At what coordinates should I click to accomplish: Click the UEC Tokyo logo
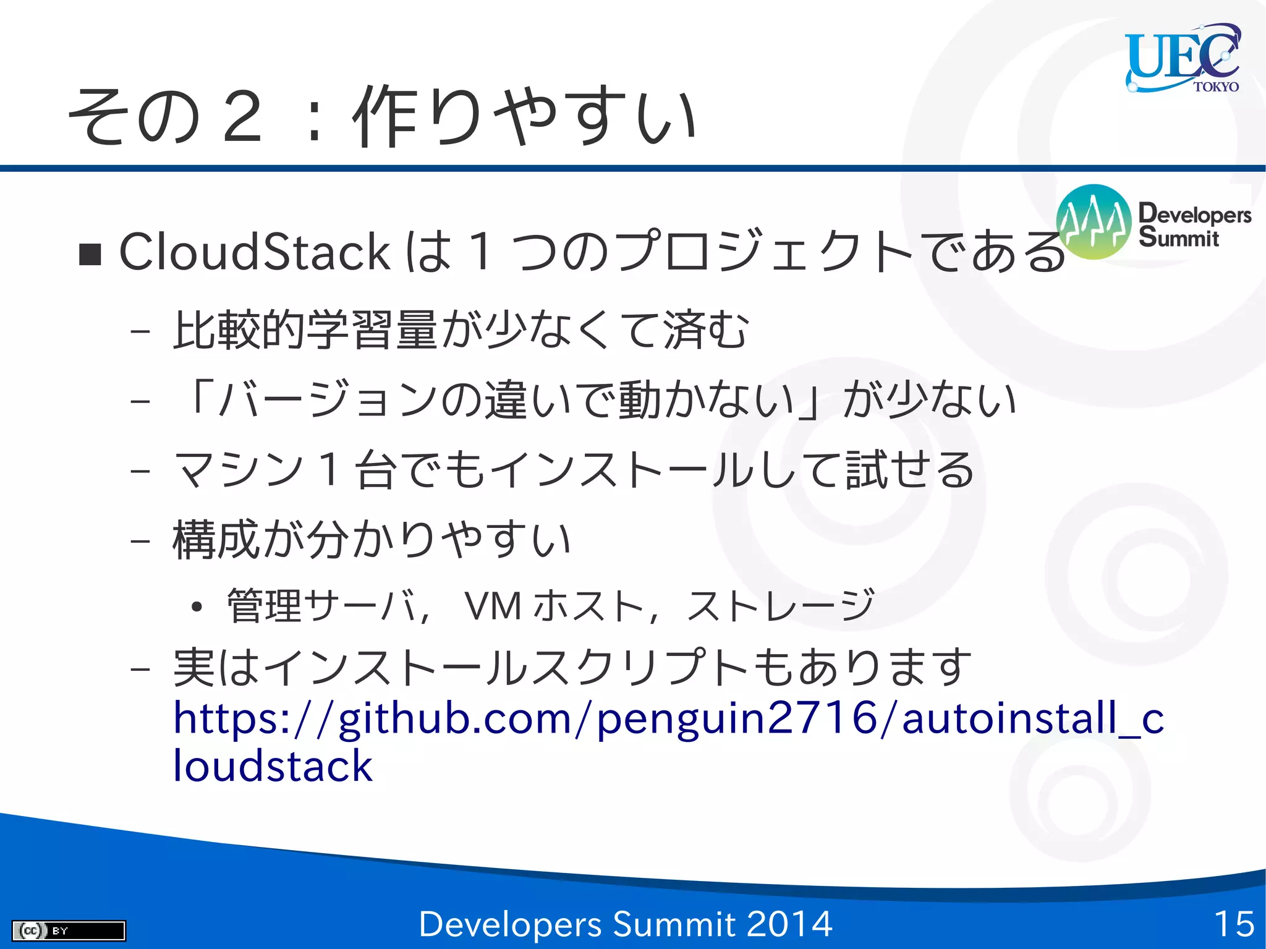tap(1182, 57)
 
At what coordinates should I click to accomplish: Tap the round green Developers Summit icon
tap(1094, 222)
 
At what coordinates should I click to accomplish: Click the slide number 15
tap(1234, 924)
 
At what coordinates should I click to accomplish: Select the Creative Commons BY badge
tap(69, 930)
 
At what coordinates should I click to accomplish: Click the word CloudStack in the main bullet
tap(254, 252)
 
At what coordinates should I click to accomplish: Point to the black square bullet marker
tap(90, 254)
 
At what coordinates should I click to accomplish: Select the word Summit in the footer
tap(674, 924)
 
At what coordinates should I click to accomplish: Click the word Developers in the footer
tap(510, 924)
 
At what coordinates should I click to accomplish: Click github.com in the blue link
tap(455, 719)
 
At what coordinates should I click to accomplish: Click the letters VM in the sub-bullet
tap(493, 606)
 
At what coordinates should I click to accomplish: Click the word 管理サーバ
tap(322, 606)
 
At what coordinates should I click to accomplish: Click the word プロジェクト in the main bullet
tap(763, 252)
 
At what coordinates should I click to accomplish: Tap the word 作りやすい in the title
tap(525, 116)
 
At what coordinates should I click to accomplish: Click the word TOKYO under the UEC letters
tap(1215, 87)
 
